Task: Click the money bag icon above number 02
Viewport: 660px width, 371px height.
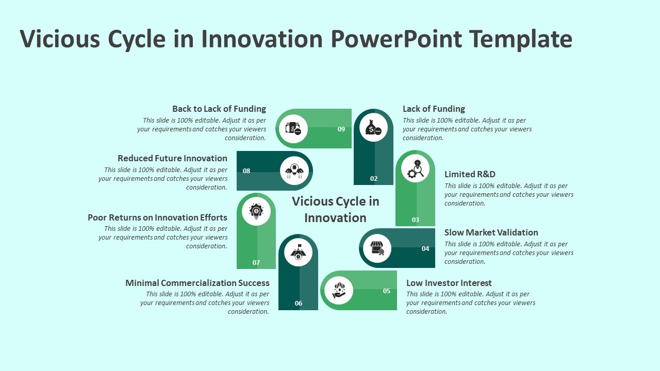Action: (373, 127)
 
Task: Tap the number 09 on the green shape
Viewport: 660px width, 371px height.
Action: (341, 129)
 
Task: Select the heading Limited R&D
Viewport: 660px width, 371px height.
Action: (470, 174)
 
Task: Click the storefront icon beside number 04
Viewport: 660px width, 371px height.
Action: (377, 248)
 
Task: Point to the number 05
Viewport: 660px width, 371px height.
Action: (387, 291)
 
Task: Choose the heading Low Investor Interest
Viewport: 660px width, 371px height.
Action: (449, 283)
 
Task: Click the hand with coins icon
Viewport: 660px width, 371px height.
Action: (339, 290)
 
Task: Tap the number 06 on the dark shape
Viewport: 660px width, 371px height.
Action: (299, 303)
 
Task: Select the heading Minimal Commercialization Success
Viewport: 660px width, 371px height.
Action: (197, 283)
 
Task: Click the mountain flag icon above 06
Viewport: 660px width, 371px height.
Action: (298, 251)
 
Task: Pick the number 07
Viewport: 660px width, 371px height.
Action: (256, 262)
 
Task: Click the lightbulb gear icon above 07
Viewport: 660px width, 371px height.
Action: (256, 211)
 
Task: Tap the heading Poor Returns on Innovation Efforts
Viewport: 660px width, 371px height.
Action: (157, 217)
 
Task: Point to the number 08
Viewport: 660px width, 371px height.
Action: (246, 171)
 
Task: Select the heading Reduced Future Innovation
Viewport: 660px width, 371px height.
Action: (172, 158)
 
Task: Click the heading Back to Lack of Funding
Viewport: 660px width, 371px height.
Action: (219, 109)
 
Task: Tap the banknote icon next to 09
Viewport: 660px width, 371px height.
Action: (293, 129)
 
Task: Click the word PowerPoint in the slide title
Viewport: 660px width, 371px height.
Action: (397, 39)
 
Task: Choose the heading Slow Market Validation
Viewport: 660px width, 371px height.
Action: (491, 232)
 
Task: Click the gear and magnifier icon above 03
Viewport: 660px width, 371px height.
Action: (416, 168)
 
